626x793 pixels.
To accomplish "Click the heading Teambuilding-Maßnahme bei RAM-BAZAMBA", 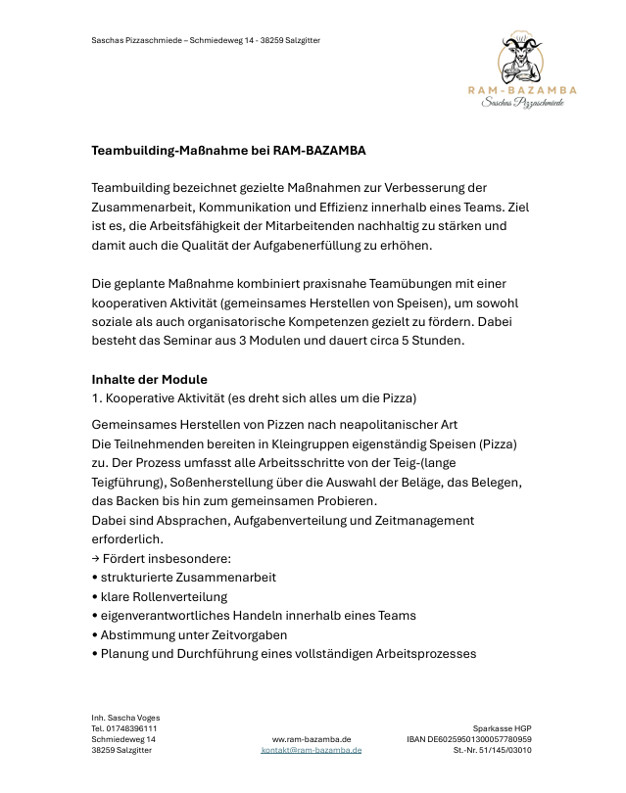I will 228,151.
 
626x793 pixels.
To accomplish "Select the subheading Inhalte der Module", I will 149,379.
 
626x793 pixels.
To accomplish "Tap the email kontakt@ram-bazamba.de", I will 311,750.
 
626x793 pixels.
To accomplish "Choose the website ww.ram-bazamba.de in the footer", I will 312,739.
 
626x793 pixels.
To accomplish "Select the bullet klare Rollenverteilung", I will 164,596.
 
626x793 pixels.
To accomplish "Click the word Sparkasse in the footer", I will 493,728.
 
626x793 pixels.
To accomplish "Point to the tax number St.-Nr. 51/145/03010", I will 492,750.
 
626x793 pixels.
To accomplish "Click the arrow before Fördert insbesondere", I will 95,559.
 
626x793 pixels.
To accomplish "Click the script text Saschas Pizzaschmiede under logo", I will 522,104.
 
